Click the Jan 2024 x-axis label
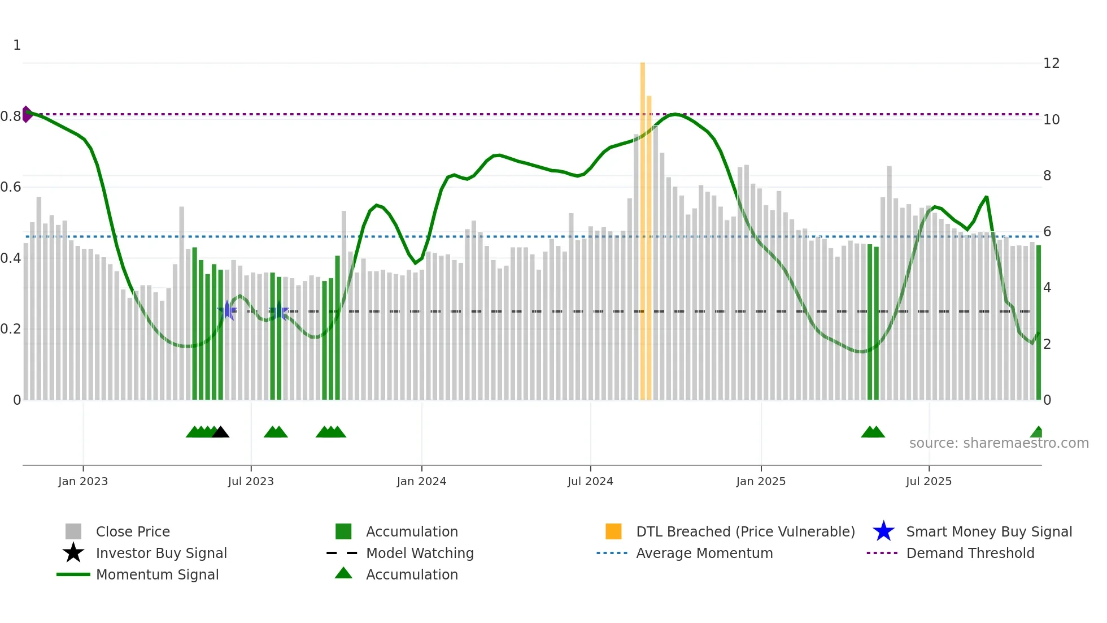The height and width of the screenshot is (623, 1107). [x=421, y=481]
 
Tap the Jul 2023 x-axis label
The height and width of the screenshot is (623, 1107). [x=251, y=481]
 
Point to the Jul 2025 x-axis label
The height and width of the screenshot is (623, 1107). [x=929, y=481]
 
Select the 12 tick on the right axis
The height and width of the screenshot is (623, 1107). [x=1051, y=63]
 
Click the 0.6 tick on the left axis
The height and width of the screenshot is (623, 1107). [x=11, y=187]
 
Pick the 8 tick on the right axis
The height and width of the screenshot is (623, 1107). [x=1047, y=176]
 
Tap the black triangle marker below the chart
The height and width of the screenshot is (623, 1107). [x=220, y=432]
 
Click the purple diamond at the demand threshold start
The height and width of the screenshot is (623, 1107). [x=26, y=114]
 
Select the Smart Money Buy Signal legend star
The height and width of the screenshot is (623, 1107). [x=883, y=531]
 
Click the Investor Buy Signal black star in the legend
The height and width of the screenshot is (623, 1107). [x=73, y=553]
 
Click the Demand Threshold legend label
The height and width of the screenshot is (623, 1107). [x=970, y=553]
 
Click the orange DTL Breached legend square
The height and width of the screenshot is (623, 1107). [x=613, y=531]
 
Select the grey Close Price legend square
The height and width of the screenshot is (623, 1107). [x=73, y=531]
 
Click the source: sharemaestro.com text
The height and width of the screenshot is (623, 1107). [x=999, y=443]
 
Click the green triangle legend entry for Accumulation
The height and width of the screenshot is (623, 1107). [x=343, y=574]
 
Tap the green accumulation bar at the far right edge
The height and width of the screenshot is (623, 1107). [x=1039, y=322]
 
